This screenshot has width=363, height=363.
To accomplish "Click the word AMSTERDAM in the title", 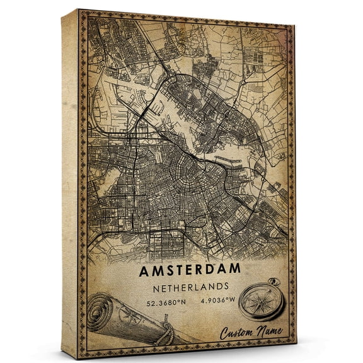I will tap(190, 268).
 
